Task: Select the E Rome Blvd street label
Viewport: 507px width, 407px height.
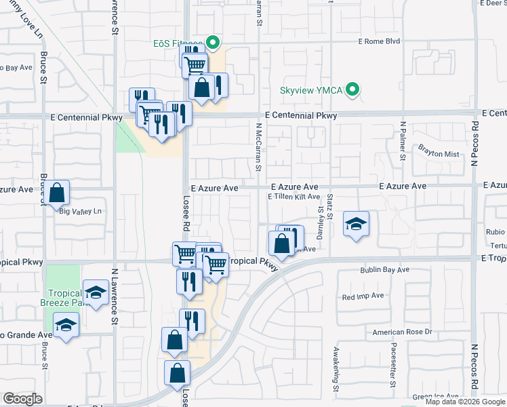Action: [x=380, y=41]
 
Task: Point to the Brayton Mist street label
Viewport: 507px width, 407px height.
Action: [x=439, y=154]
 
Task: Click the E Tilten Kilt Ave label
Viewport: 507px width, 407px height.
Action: [x=293, y=197]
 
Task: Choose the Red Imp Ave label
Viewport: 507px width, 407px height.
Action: [x=363, y=296]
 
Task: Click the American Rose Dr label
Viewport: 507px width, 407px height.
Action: [x=402, y=332]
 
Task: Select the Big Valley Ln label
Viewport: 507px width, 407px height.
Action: [x=80, y=212]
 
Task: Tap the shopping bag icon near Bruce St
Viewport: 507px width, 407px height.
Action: [x=58, y=193]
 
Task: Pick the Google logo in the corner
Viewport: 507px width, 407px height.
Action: [x=23, y=399]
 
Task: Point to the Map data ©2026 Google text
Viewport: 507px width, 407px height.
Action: [x=465, y=402]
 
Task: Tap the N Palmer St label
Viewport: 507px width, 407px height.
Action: [x=403, y=141]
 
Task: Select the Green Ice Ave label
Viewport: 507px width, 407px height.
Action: [x=437, y=396]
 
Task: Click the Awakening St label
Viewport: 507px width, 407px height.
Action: [x=336, y=369]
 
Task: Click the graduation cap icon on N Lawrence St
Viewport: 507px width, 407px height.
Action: [x=96, y=292]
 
